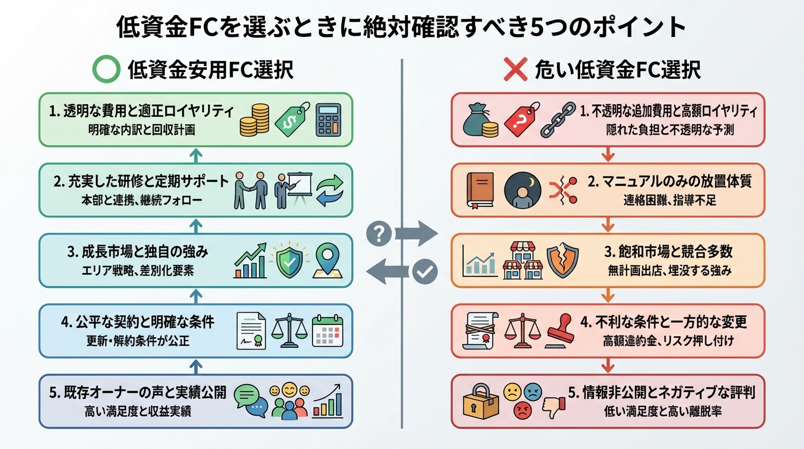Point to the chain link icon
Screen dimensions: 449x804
tap(554, 121)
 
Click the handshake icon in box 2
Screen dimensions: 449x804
tap(249, 190)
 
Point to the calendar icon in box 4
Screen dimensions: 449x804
tap(326, 331)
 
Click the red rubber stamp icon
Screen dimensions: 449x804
tap(562, 331)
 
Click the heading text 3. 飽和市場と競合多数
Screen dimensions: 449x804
tap(668, 253)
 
